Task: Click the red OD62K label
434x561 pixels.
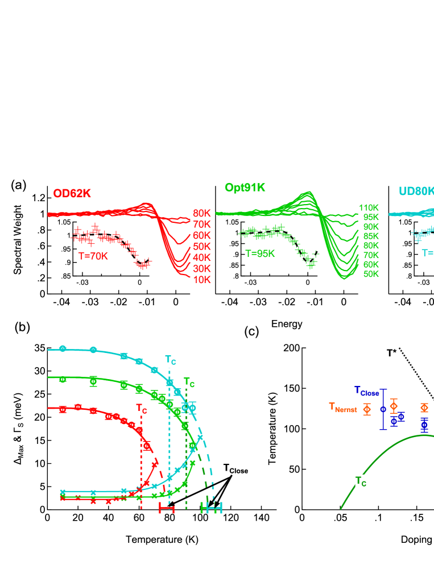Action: tap(72, 193)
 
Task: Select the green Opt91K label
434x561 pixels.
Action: tap(245, 187)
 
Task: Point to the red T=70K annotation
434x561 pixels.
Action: tap(93, 256)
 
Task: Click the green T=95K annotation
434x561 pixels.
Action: tap(260, 254)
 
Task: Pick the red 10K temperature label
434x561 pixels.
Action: tap(202, 280)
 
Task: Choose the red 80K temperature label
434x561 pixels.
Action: tap(202, 213)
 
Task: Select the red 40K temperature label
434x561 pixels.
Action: tap(202, 257)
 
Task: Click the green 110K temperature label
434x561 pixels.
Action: tap(369, 208)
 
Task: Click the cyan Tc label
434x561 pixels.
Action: tap(171, 360)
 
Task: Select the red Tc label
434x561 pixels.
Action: tap(141, 408)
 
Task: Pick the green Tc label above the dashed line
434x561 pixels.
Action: tap(189, 382)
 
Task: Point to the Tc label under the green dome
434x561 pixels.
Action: tap(361, 481)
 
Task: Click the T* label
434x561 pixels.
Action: tap(391, 353)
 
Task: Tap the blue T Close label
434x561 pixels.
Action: tap(366, 392)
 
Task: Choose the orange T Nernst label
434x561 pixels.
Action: tap(343, 408)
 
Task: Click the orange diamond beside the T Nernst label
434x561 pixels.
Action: tap(367, 409)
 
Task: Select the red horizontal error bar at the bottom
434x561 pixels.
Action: tap(167, 508)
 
